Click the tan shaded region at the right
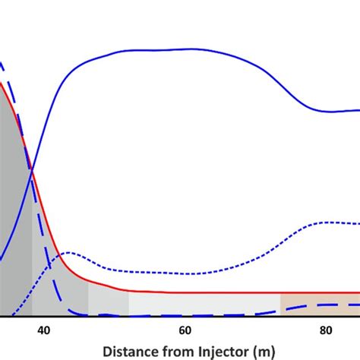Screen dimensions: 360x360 point(319,304)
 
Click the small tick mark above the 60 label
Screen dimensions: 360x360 point(185,318)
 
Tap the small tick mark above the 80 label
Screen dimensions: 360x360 point(325,318)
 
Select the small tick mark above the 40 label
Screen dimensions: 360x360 point(43,318)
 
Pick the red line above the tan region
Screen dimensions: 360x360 point(319,292)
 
